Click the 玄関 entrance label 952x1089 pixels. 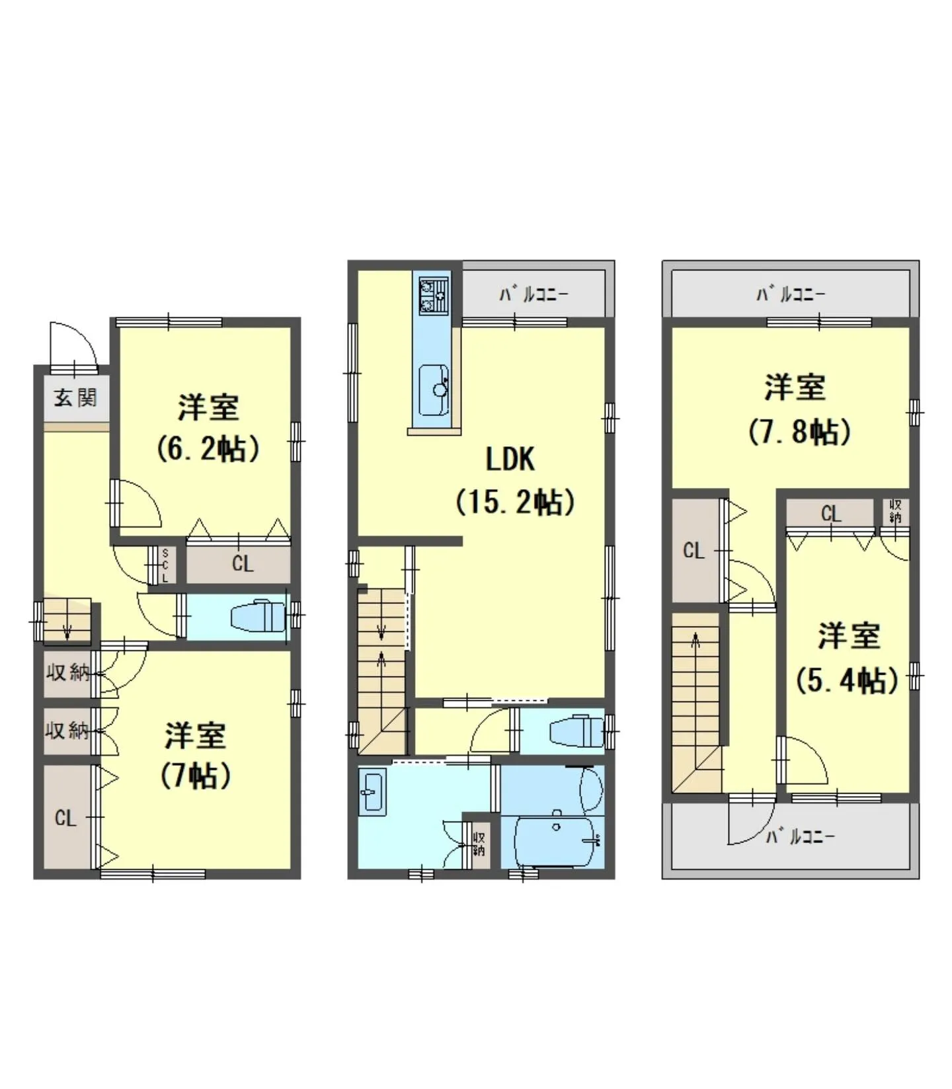point(75,397)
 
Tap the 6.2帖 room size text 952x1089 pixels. point(208,449)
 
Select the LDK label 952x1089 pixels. point(510,460)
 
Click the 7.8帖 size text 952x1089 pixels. point(799,432)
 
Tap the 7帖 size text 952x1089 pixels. point(196,775)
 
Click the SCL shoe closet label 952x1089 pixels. point(165,565)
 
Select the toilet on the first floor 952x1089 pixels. point(258,616)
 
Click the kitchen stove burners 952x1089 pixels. point(433,296)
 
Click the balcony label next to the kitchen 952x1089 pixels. point(534,294)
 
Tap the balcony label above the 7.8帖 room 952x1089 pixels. point(791,294)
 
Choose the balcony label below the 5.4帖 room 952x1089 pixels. point(800,837)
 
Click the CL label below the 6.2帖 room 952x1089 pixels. point(243,564)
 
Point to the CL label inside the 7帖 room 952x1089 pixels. point(65,819)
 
